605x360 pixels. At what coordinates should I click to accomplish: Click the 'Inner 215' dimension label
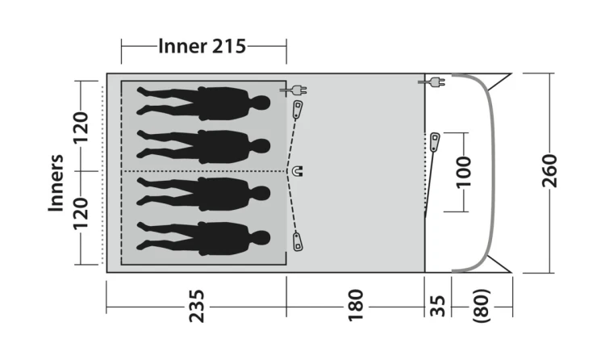202,46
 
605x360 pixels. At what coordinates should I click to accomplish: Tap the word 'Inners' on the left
56,182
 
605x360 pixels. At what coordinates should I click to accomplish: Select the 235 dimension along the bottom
196,306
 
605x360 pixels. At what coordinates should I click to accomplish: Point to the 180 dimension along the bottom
356,305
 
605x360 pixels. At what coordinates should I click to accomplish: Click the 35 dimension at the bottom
437,306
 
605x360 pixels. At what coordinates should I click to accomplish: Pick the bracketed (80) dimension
482,306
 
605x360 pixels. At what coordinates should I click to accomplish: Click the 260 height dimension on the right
549,171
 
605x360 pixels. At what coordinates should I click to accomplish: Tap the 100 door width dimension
463,172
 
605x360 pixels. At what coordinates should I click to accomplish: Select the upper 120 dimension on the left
81,128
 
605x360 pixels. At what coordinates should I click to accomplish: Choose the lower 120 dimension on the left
81,214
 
